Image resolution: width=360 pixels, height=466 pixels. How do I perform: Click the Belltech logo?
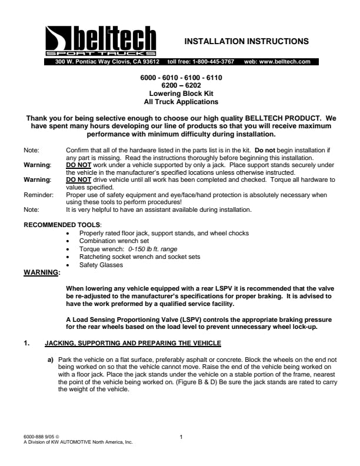point(101,41)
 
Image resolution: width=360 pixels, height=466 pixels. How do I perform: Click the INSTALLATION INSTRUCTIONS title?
point(246,41)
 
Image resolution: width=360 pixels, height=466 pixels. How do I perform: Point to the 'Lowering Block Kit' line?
point(181,93)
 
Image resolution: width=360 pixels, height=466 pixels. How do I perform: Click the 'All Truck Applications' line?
point(181,101)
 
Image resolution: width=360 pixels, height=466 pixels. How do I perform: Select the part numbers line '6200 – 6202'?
point(181,85)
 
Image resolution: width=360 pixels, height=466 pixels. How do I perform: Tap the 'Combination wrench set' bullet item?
point(114,241)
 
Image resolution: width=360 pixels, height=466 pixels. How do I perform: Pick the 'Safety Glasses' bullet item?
point(101,265)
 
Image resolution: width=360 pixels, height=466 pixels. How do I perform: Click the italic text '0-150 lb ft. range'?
point(153,249)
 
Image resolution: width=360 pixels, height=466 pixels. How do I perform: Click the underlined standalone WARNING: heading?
point(41,272)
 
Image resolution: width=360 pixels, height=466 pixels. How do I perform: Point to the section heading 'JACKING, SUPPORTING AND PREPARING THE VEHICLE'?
point(133,342)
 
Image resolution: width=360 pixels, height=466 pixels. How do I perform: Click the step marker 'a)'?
point(51,358)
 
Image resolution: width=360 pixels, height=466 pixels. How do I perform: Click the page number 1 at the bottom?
point(181,436)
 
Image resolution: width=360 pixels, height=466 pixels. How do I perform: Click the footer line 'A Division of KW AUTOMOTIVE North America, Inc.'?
point(78,441)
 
